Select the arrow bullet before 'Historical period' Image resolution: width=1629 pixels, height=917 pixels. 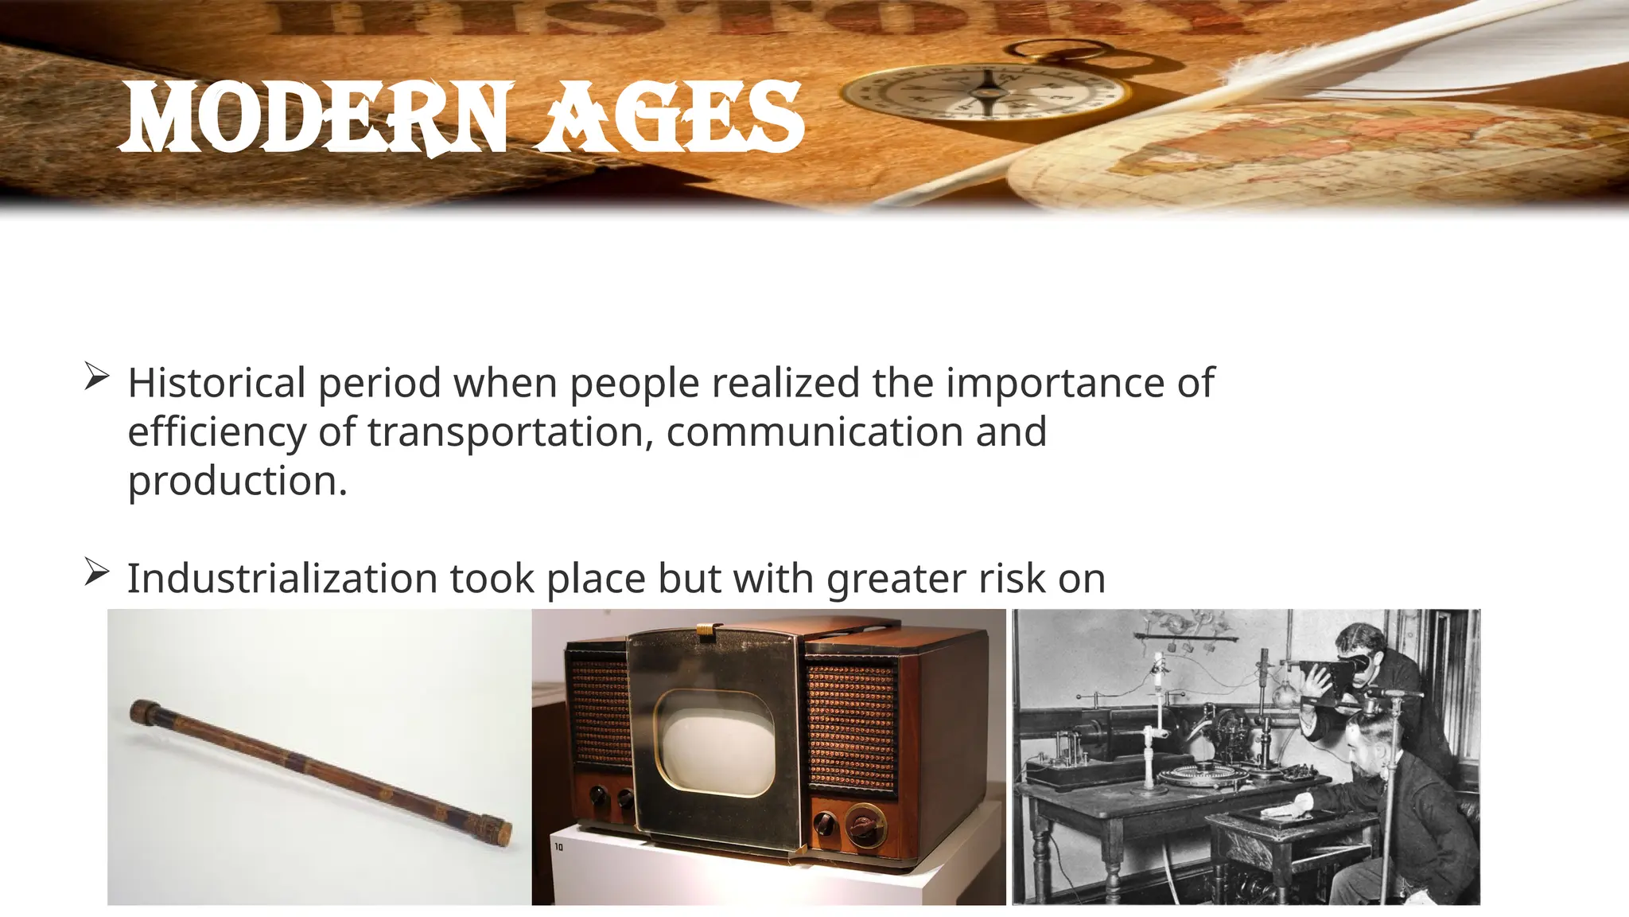click(96, 377)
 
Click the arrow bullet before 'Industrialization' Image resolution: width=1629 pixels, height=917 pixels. click(96, 572)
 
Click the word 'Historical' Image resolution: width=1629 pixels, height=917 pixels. click(216, 383)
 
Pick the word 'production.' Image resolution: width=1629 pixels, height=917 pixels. click(238, 482)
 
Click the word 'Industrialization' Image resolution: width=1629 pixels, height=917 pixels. click(282, 578)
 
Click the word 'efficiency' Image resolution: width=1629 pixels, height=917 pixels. click(216, 432)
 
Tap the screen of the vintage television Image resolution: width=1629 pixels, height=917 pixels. click(715, 743)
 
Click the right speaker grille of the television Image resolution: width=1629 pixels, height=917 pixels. click(852, 728)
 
